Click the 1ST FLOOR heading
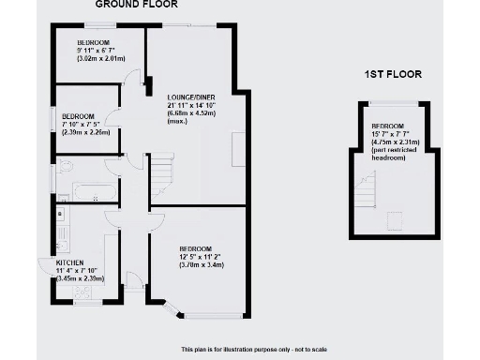(392, 73)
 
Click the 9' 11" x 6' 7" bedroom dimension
(100, 52)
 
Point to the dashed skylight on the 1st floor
(397, 220)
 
